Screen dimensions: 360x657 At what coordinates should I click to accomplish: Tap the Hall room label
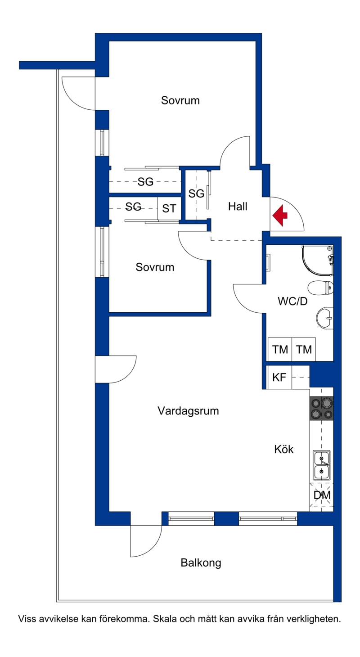(x=238, y=207)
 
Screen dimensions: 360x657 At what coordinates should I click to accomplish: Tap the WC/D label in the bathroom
(x=292, y=301)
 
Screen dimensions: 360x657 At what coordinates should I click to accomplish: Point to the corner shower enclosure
(x=317, y=261)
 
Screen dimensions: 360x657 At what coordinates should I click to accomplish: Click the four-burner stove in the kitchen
(x=322, y=408)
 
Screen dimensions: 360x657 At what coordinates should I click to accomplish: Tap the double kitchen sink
(x=322, y=465)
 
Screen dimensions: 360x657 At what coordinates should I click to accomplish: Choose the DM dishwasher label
(x=322, y=495)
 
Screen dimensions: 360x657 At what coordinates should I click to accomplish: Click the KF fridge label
(x=279, y=377)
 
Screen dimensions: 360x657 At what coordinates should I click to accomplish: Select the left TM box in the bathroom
(x=280, y=349)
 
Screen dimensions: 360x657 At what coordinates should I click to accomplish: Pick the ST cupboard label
(x=169, y=208)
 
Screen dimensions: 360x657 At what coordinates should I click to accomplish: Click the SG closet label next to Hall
(x=196, y=193)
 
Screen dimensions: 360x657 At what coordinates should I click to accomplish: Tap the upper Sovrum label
(x=180, y=100)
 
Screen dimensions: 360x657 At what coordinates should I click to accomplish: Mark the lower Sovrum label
(x=155, y=267)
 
